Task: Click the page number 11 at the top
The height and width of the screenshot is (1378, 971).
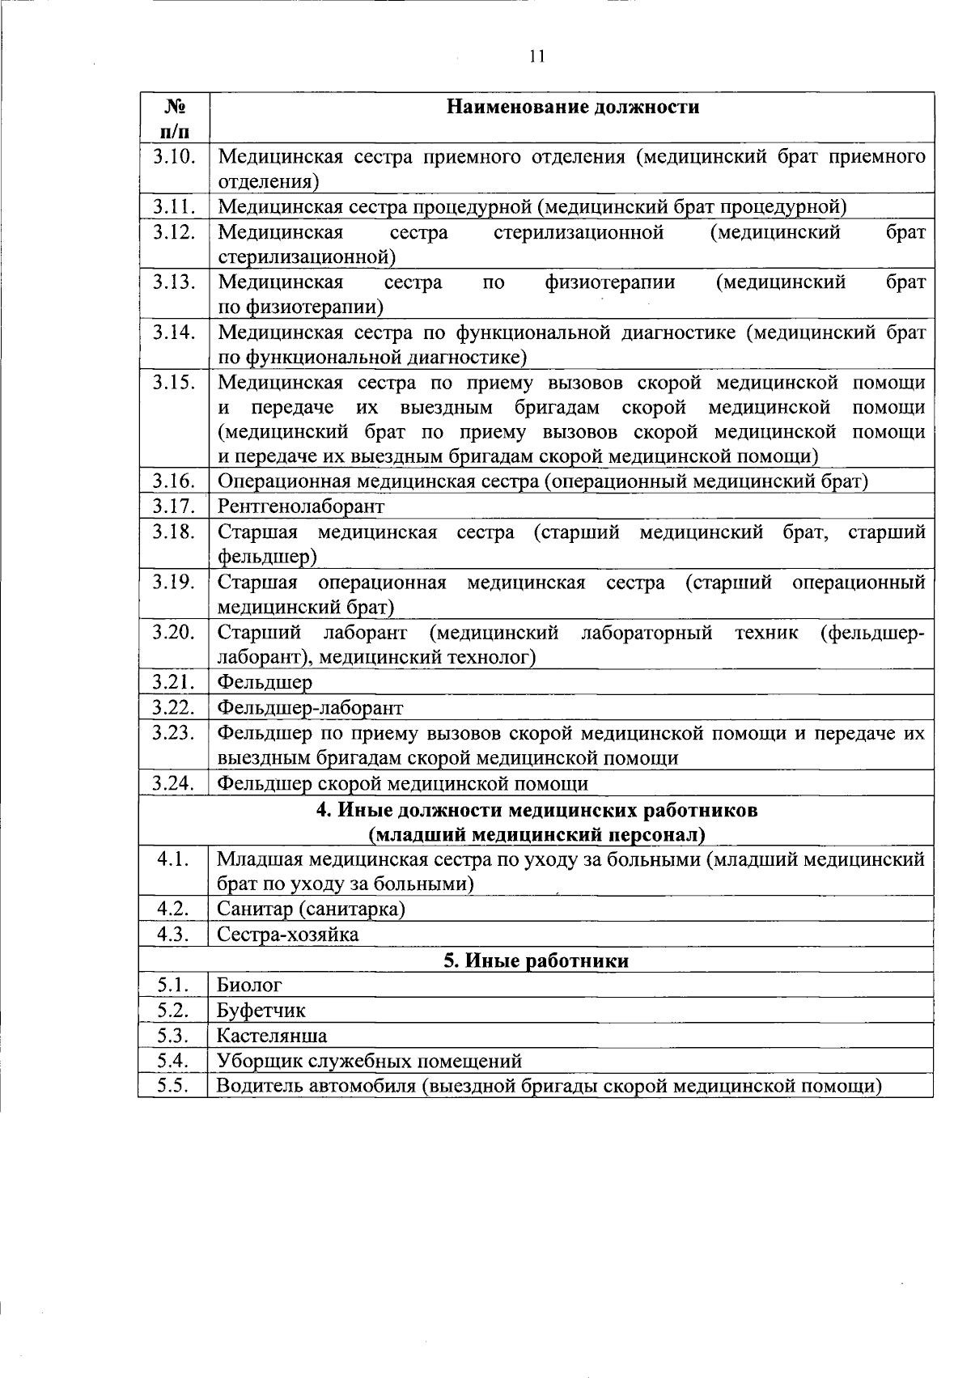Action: [x=536, y=57]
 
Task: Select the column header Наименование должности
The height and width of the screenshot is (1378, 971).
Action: [x=574, y=107]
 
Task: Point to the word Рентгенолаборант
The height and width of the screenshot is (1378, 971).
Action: [x=301, y=507]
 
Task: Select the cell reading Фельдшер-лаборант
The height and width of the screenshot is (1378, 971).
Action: [x=311, y=708]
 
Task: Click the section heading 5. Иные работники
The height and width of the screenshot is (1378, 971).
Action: [x=536, y=960]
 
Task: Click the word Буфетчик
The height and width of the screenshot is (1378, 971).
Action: [x=261, y=1011]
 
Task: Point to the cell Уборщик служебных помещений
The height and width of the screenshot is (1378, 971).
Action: [x=369, y=1061]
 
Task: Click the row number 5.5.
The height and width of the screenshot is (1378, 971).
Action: [x=173, y=1086]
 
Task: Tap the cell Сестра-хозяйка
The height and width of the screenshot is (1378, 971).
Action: [x=288, y=935]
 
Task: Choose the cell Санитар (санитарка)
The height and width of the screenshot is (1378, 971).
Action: [x=311, y=909]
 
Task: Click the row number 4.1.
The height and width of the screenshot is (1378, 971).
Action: [x=173, y=859]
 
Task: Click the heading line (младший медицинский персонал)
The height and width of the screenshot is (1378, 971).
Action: [x=536, y=834]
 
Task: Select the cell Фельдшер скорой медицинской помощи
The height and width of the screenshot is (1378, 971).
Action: [x=403, y=783]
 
